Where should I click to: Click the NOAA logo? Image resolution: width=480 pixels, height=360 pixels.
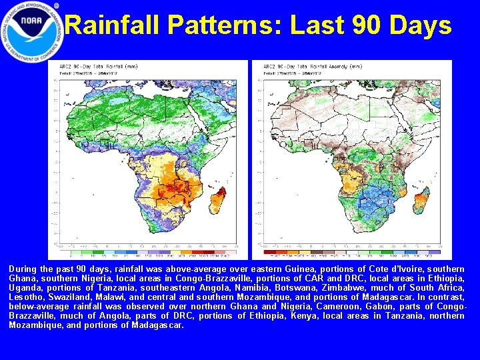click(32, 32)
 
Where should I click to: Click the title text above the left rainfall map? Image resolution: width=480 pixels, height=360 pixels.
click(91, 67)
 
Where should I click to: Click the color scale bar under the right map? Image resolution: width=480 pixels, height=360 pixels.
click(351, 252)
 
